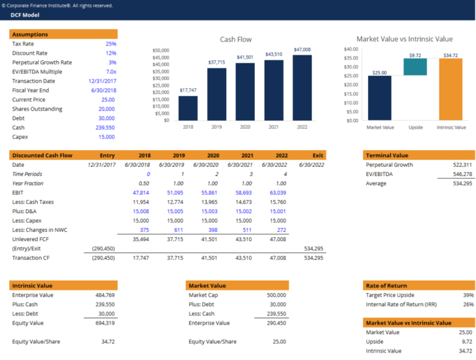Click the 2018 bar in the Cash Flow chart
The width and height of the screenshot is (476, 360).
click(188, 108)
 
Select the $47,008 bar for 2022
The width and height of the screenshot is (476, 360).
click(302, 87)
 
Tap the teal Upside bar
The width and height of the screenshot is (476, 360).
click(415, 67)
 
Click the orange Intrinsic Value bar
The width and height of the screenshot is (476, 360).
click(451, 89)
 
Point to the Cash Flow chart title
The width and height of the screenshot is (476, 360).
click(236, 39)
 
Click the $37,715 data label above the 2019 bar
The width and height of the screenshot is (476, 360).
click(216, 63)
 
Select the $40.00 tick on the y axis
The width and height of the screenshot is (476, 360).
click(351, 49)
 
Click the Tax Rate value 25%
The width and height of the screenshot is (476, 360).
click(110, 44)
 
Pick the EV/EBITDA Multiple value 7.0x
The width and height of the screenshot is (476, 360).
click(110, 72)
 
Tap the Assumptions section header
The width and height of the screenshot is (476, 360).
click(30, 35)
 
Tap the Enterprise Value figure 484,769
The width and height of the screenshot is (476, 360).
click(103, 295)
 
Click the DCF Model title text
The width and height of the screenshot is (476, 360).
click(25, 15)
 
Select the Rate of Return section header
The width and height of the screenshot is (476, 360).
click(387, 286)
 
